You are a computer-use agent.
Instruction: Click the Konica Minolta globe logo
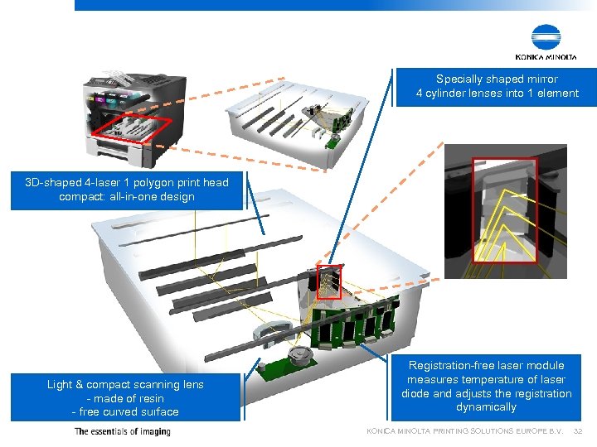pos(546,37)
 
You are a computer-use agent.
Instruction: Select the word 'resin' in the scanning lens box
pos(149,398)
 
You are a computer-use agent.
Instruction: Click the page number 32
pos(578,431)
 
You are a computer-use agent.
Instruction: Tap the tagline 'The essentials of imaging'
pos(122,431)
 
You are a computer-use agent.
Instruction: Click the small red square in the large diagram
pos(328,282)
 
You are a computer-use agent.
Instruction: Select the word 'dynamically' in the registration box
pos(486,407)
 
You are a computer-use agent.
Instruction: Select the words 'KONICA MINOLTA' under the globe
pos(546,57)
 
